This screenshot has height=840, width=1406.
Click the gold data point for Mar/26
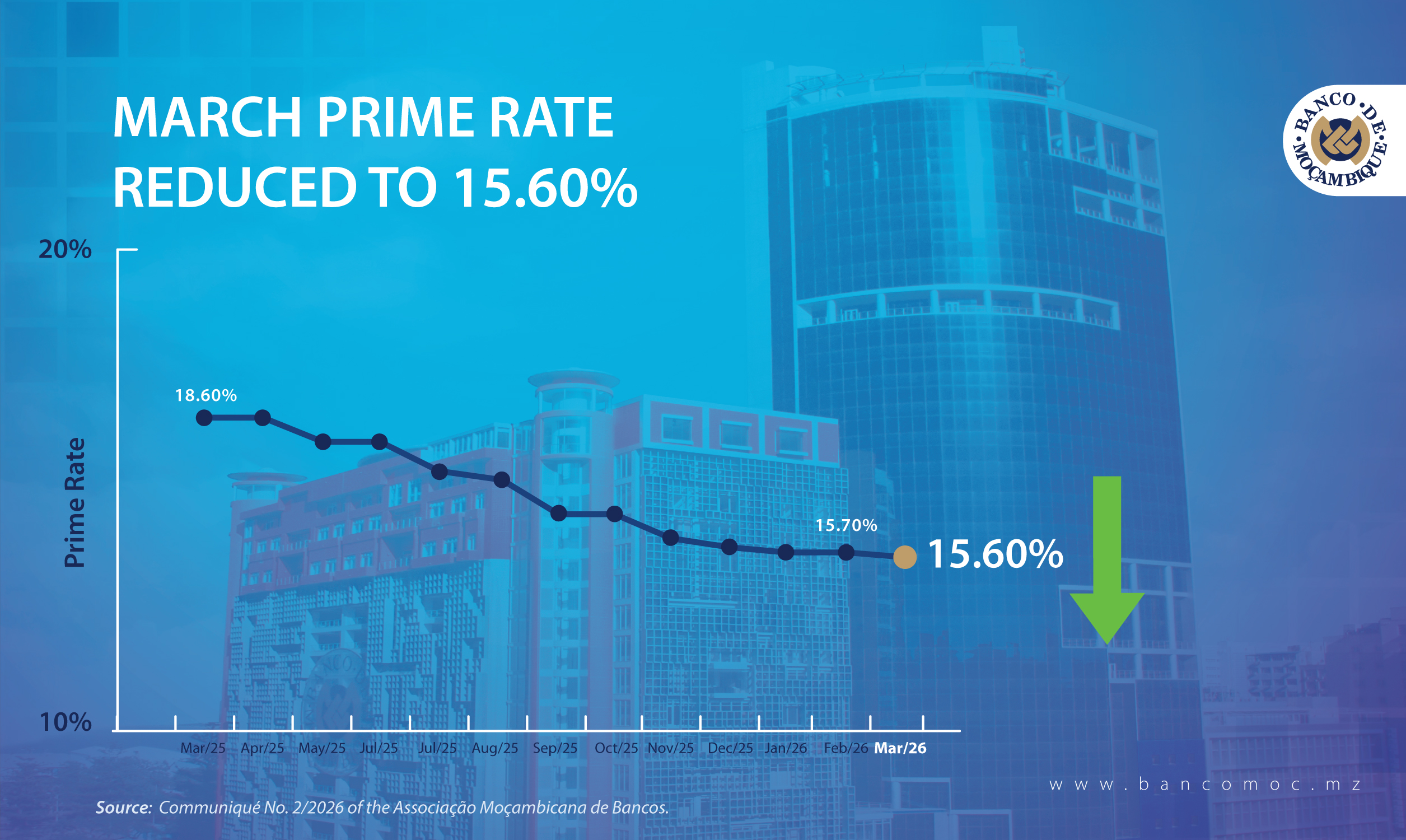click(905, 557)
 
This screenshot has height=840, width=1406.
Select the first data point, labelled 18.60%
click(204, 418)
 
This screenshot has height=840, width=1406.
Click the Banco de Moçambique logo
click(1340, 140)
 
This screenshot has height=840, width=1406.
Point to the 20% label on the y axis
click(65, 249)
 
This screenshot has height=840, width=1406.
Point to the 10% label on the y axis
click(65, 722)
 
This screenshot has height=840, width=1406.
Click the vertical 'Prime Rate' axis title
click(74, 503)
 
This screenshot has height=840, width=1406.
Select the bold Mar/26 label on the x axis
click(900, 748)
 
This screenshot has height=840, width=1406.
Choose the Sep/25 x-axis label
click(555, 748)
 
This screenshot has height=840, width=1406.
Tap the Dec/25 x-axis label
click(730, 748)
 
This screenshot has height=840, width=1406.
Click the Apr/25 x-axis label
click(263, 748)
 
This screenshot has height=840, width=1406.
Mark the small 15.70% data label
click(846, 525)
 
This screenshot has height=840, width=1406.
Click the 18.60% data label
click(206, 395)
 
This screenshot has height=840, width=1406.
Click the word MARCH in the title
click(207, 118)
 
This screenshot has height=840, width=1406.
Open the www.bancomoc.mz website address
click(1205, 785)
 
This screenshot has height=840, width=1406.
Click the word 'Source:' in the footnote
click(123, 807)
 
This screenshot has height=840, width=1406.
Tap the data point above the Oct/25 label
click(615, 514)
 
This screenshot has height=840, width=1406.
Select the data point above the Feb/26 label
click(846, 552)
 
